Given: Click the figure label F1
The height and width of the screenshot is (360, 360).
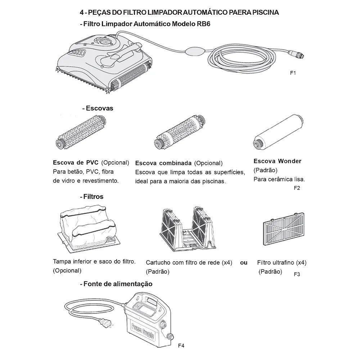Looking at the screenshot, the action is [293, 73].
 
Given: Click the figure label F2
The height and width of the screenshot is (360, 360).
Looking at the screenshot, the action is [297, 188].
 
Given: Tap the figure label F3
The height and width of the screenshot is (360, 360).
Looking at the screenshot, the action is [297, 274].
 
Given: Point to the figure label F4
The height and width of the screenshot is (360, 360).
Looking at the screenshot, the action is [181, 346].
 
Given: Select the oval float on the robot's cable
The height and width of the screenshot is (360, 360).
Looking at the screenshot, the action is [194, 51].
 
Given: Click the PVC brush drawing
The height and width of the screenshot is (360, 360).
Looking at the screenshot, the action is [81, 132].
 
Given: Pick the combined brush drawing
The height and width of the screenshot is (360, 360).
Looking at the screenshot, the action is [180, 132].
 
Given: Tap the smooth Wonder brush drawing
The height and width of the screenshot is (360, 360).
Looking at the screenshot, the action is [278, 132].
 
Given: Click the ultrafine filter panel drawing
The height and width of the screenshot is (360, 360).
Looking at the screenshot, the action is [284, 229].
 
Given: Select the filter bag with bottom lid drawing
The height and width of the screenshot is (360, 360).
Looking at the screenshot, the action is [89, 228].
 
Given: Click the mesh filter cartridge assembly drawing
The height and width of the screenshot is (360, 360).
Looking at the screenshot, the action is [188, 229].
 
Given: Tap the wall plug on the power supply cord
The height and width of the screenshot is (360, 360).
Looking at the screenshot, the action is [106, 323].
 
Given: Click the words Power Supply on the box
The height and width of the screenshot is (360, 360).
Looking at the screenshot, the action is [143, 330].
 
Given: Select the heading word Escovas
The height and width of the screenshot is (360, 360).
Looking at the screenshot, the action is [99, 108].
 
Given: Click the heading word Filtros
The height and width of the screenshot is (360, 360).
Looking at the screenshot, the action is [93, 197].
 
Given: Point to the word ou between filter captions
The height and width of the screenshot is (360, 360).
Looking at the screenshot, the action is [244, 263].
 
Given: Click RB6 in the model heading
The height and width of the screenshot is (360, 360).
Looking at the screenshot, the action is [203, 24].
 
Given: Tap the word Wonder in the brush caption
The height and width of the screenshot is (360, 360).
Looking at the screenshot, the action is [289, 161].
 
